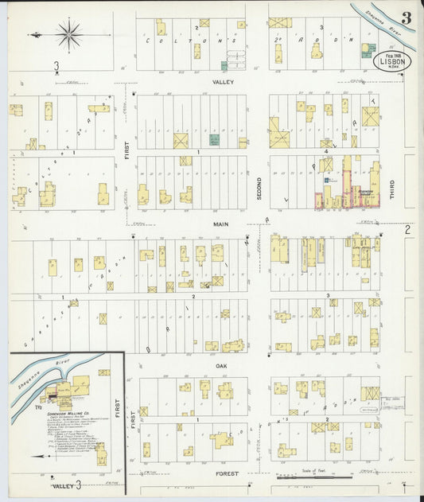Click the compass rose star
tap(69, 34)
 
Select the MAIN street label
tap(220, 225)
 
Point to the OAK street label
tap(222, 365)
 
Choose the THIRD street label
tap(392, 189)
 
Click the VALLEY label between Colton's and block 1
tap(220, 82)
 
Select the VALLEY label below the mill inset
tap(63, 485)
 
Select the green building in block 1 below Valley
tap(213, 140)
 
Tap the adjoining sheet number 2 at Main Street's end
tap(406, 229)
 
